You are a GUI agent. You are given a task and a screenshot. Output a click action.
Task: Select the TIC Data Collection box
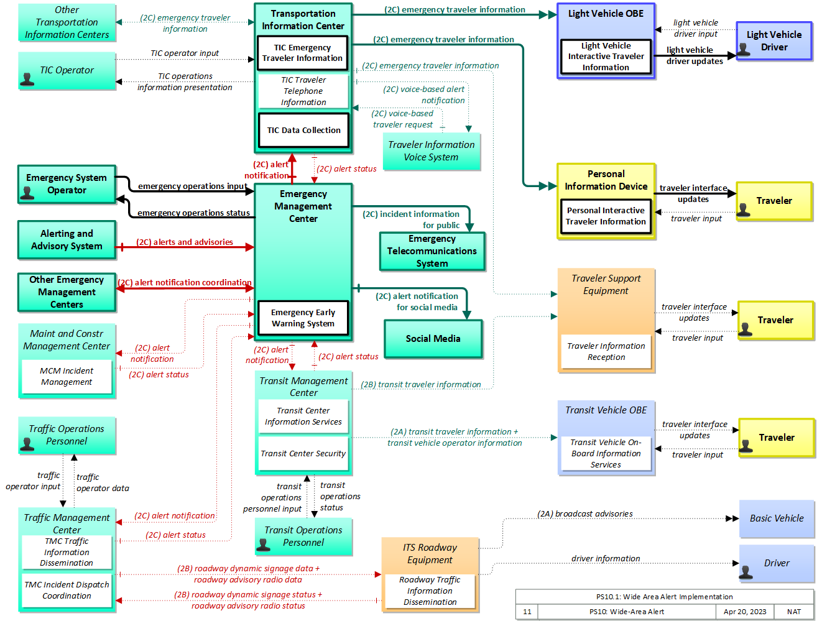[303, 130]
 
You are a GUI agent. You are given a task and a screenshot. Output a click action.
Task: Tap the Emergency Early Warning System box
[303, 318]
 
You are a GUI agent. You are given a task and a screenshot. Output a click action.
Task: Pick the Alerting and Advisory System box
[67, 239]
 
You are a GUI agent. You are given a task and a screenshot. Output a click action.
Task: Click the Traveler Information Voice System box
[431, 150]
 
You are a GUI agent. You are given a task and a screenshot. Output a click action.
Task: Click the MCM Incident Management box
[67, 376]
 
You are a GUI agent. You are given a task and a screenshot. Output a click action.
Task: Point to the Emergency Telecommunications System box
[432, 251]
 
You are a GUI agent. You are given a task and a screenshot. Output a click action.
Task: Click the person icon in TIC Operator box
[27, 79]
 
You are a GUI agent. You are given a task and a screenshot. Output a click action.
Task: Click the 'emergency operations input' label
[192, 185]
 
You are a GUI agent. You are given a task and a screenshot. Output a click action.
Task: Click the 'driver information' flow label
[605, 558]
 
